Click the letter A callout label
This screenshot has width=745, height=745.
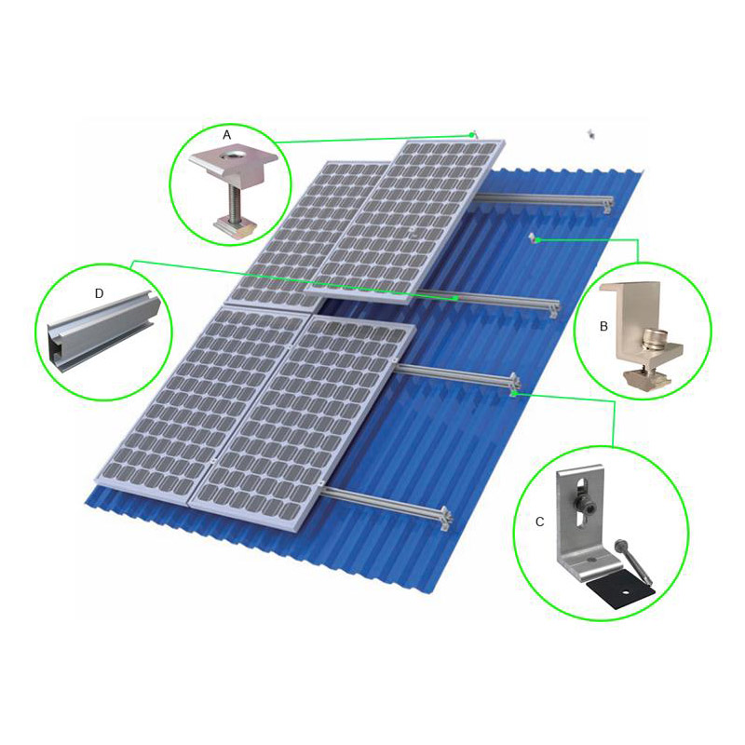226,135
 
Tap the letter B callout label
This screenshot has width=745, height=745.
603,327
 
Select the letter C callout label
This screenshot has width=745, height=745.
539,521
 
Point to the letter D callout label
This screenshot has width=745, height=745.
99,293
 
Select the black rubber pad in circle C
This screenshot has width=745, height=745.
620,594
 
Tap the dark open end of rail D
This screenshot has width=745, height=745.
57,347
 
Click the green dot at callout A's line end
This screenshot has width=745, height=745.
472,135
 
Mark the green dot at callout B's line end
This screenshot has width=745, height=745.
538,240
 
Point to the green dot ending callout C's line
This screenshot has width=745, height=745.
514,393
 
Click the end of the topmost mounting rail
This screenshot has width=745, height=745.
607,205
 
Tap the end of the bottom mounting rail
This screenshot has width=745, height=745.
445,519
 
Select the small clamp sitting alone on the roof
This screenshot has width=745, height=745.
533,237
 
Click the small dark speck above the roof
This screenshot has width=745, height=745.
591,134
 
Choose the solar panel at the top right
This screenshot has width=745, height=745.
405,222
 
